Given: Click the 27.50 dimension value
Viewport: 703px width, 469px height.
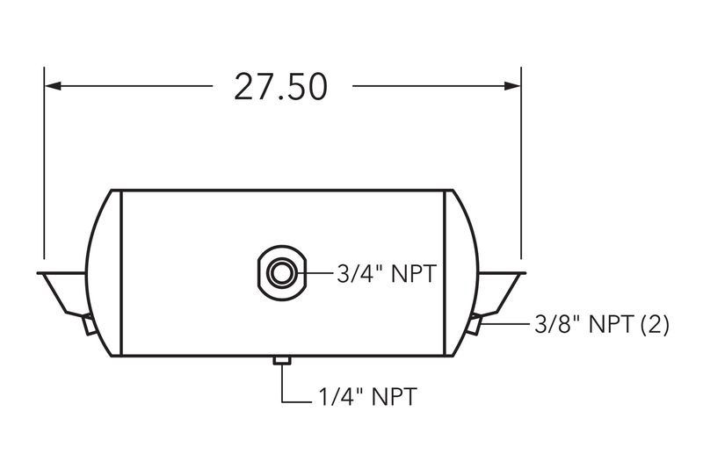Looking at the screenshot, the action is pos(280,87).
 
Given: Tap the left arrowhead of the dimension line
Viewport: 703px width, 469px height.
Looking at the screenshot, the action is pos(53,85).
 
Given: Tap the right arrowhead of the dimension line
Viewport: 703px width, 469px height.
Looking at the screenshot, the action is pos(512,85).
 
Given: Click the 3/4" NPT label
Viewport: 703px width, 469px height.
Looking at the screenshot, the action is pos(387,274).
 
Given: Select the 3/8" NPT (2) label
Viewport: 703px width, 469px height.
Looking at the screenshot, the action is pos(602,324).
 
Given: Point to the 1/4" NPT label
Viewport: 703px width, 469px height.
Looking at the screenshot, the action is pos(367,396).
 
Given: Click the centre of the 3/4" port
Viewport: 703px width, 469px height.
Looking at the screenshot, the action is pos(281,273).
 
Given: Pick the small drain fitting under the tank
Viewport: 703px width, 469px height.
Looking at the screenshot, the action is pos(282,361).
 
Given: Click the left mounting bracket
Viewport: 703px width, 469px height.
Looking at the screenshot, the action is pos(62,292).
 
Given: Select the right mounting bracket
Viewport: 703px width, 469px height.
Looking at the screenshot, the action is pos(500,292).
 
